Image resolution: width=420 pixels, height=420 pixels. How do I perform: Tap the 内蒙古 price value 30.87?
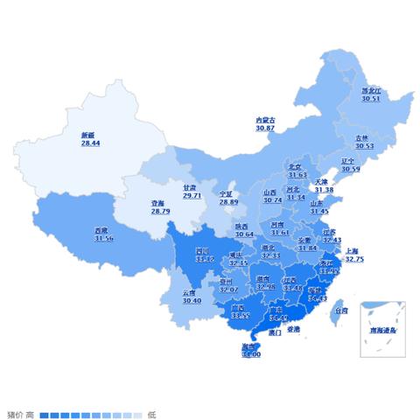265,129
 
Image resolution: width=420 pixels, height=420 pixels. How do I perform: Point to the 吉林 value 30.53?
364,146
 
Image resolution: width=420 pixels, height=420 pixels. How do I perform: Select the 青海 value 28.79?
160,211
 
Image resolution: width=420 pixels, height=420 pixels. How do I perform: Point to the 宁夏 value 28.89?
228,202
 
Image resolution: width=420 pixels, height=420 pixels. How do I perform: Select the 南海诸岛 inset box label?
381,331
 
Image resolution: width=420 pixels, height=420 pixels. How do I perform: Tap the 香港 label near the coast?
293,330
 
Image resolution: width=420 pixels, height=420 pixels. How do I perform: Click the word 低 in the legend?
151,414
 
